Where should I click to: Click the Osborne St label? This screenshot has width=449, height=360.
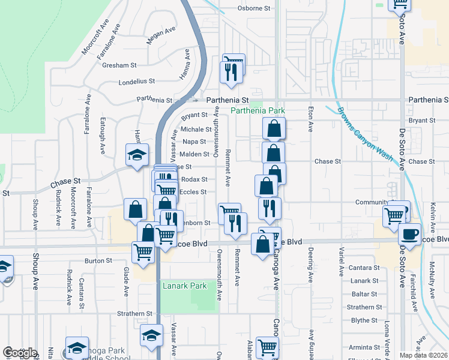[x=255, y=8]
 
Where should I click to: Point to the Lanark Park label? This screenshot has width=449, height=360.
[x=184, y=286]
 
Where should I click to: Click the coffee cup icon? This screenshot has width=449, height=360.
[x=411, y=233]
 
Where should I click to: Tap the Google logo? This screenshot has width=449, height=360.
[x=20, y=353]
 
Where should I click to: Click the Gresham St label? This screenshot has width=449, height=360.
[x=119, y=65]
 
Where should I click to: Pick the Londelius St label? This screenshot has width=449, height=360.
[x=137, y=81]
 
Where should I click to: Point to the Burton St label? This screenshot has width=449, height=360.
[x=98, y=261]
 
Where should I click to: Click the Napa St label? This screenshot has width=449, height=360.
[x=194, y=142]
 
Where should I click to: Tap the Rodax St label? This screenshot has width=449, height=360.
[x=194, y=179]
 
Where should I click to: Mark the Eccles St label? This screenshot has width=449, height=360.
[x=194, y=192]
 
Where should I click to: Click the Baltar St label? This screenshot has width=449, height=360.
[x=364, y=294]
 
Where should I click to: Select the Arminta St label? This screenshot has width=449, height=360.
[x=361, y=347]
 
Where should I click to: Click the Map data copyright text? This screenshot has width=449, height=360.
[x=424, y=355]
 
